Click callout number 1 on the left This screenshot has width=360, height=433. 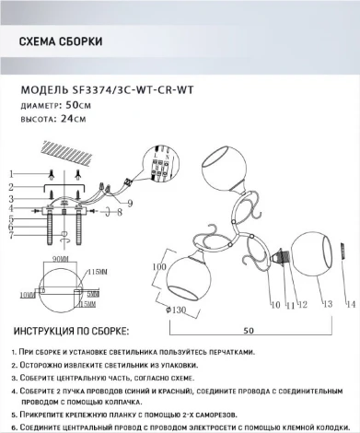(x=12, y=173)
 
